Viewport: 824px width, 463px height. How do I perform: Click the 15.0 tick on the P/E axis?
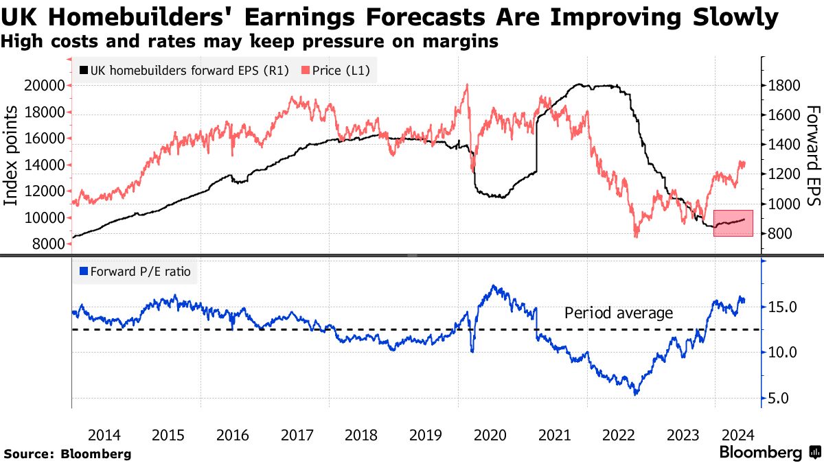(x=782, y=307)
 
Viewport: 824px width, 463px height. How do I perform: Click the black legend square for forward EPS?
(x=84, y=70)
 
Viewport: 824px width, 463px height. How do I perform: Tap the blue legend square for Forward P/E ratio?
(x=84, y=272)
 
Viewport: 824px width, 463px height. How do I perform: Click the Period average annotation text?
(x=619, y=313)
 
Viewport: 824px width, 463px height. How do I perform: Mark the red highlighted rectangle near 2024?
(x=733, y=223)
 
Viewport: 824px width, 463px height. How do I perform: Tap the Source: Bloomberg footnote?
(x=67, y=453)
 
